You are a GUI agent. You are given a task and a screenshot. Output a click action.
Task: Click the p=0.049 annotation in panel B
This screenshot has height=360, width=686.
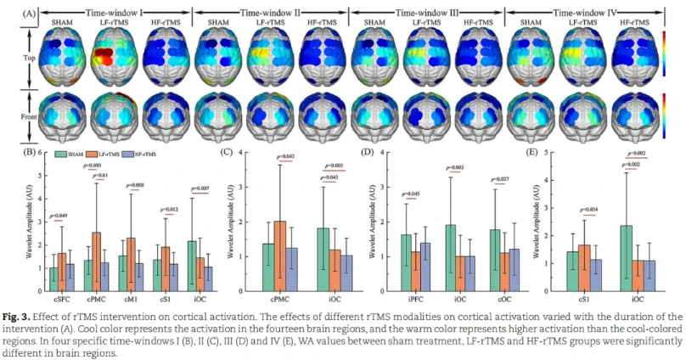60,216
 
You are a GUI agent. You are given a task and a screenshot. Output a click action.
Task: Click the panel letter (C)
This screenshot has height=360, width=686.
225,153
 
